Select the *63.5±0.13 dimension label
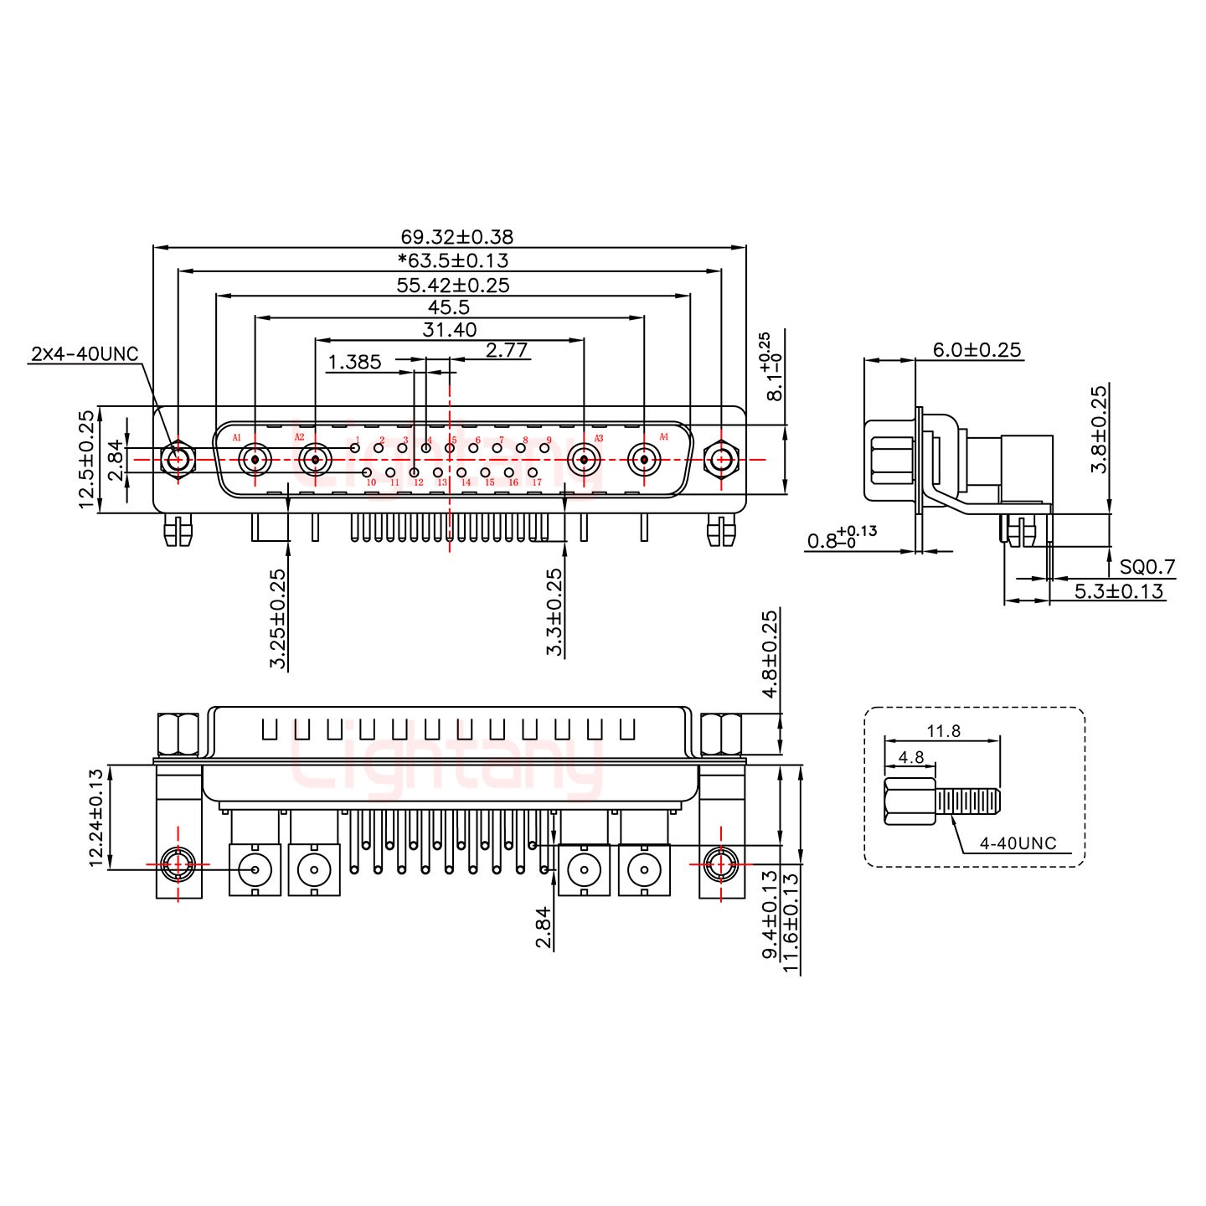tap(453, 260)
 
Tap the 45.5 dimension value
tap(449, 307)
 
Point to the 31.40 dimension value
tap(449, 330)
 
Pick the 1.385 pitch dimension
tap(354, 362)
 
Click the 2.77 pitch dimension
tap(508, 349)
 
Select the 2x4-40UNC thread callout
tap(84, 353)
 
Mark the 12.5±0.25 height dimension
tap(85, 460)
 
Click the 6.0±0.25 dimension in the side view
tap(968, 350)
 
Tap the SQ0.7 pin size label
tap(1147, 568)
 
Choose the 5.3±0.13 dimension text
tap(1119, 591)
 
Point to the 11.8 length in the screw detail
tap(943, 731)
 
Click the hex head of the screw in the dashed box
tap(910, 802)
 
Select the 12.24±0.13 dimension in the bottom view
tap(98, 817)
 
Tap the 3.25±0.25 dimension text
tap(278, 619)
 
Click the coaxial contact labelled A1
tap(255, 459)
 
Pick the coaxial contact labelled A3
tap(584, 459)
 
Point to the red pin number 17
tap(537, 482)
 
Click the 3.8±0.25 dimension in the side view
tap(1099, 429)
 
